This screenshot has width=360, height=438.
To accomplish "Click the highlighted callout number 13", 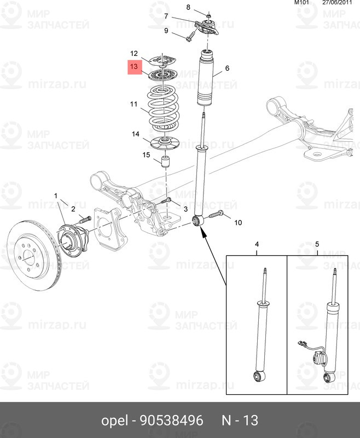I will (134, 67).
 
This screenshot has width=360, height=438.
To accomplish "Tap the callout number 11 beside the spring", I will (134, 104).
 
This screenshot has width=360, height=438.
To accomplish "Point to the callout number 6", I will (227, 68).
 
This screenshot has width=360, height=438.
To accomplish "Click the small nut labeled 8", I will (209, 14).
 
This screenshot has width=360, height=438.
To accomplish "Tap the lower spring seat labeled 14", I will (165, 143).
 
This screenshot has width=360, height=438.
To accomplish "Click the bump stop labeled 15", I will (166, 163).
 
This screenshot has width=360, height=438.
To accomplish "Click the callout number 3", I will (185, 209).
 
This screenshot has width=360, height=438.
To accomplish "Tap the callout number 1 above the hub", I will (55, 195).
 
